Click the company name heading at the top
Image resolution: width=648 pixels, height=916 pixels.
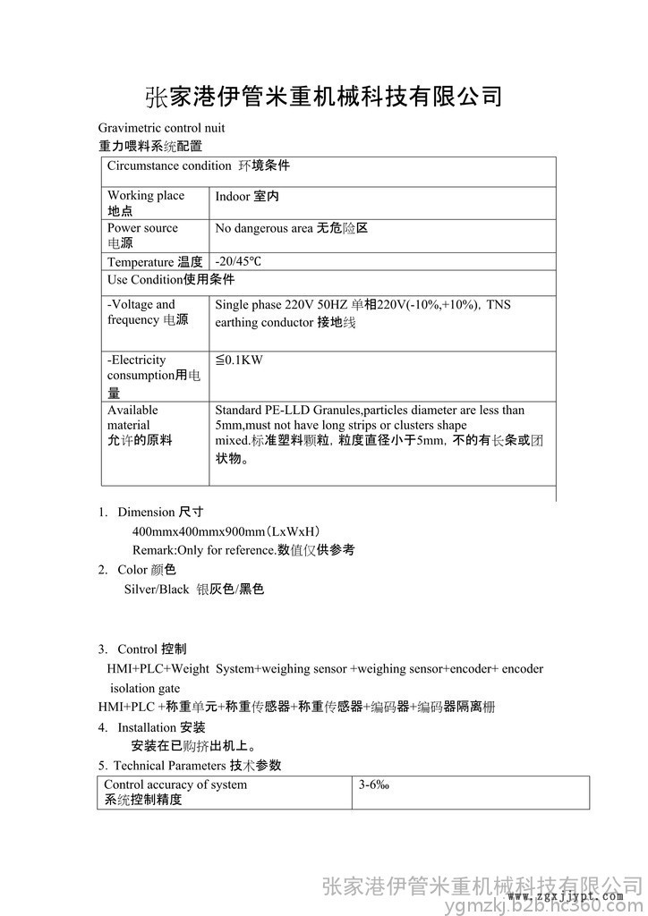tap(323, 96)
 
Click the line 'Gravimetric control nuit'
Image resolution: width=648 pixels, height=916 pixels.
tap(161, 128)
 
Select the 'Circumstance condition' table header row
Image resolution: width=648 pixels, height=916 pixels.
tap(199, 166)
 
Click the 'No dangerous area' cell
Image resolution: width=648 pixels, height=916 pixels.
tap(292, 228)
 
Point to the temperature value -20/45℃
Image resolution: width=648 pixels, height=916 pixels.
tap(238, 262)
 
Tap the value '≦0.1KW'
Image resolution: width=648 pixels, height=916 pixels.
tap(239, 360)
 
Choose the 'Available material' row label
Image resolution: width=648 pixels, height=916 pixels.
tap(139, 425)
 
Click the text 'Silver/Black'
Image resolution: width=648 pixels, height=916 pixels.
tap(157, 589)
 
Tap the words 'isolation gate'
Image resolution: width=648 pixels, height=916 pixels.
tap(145, 688)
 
